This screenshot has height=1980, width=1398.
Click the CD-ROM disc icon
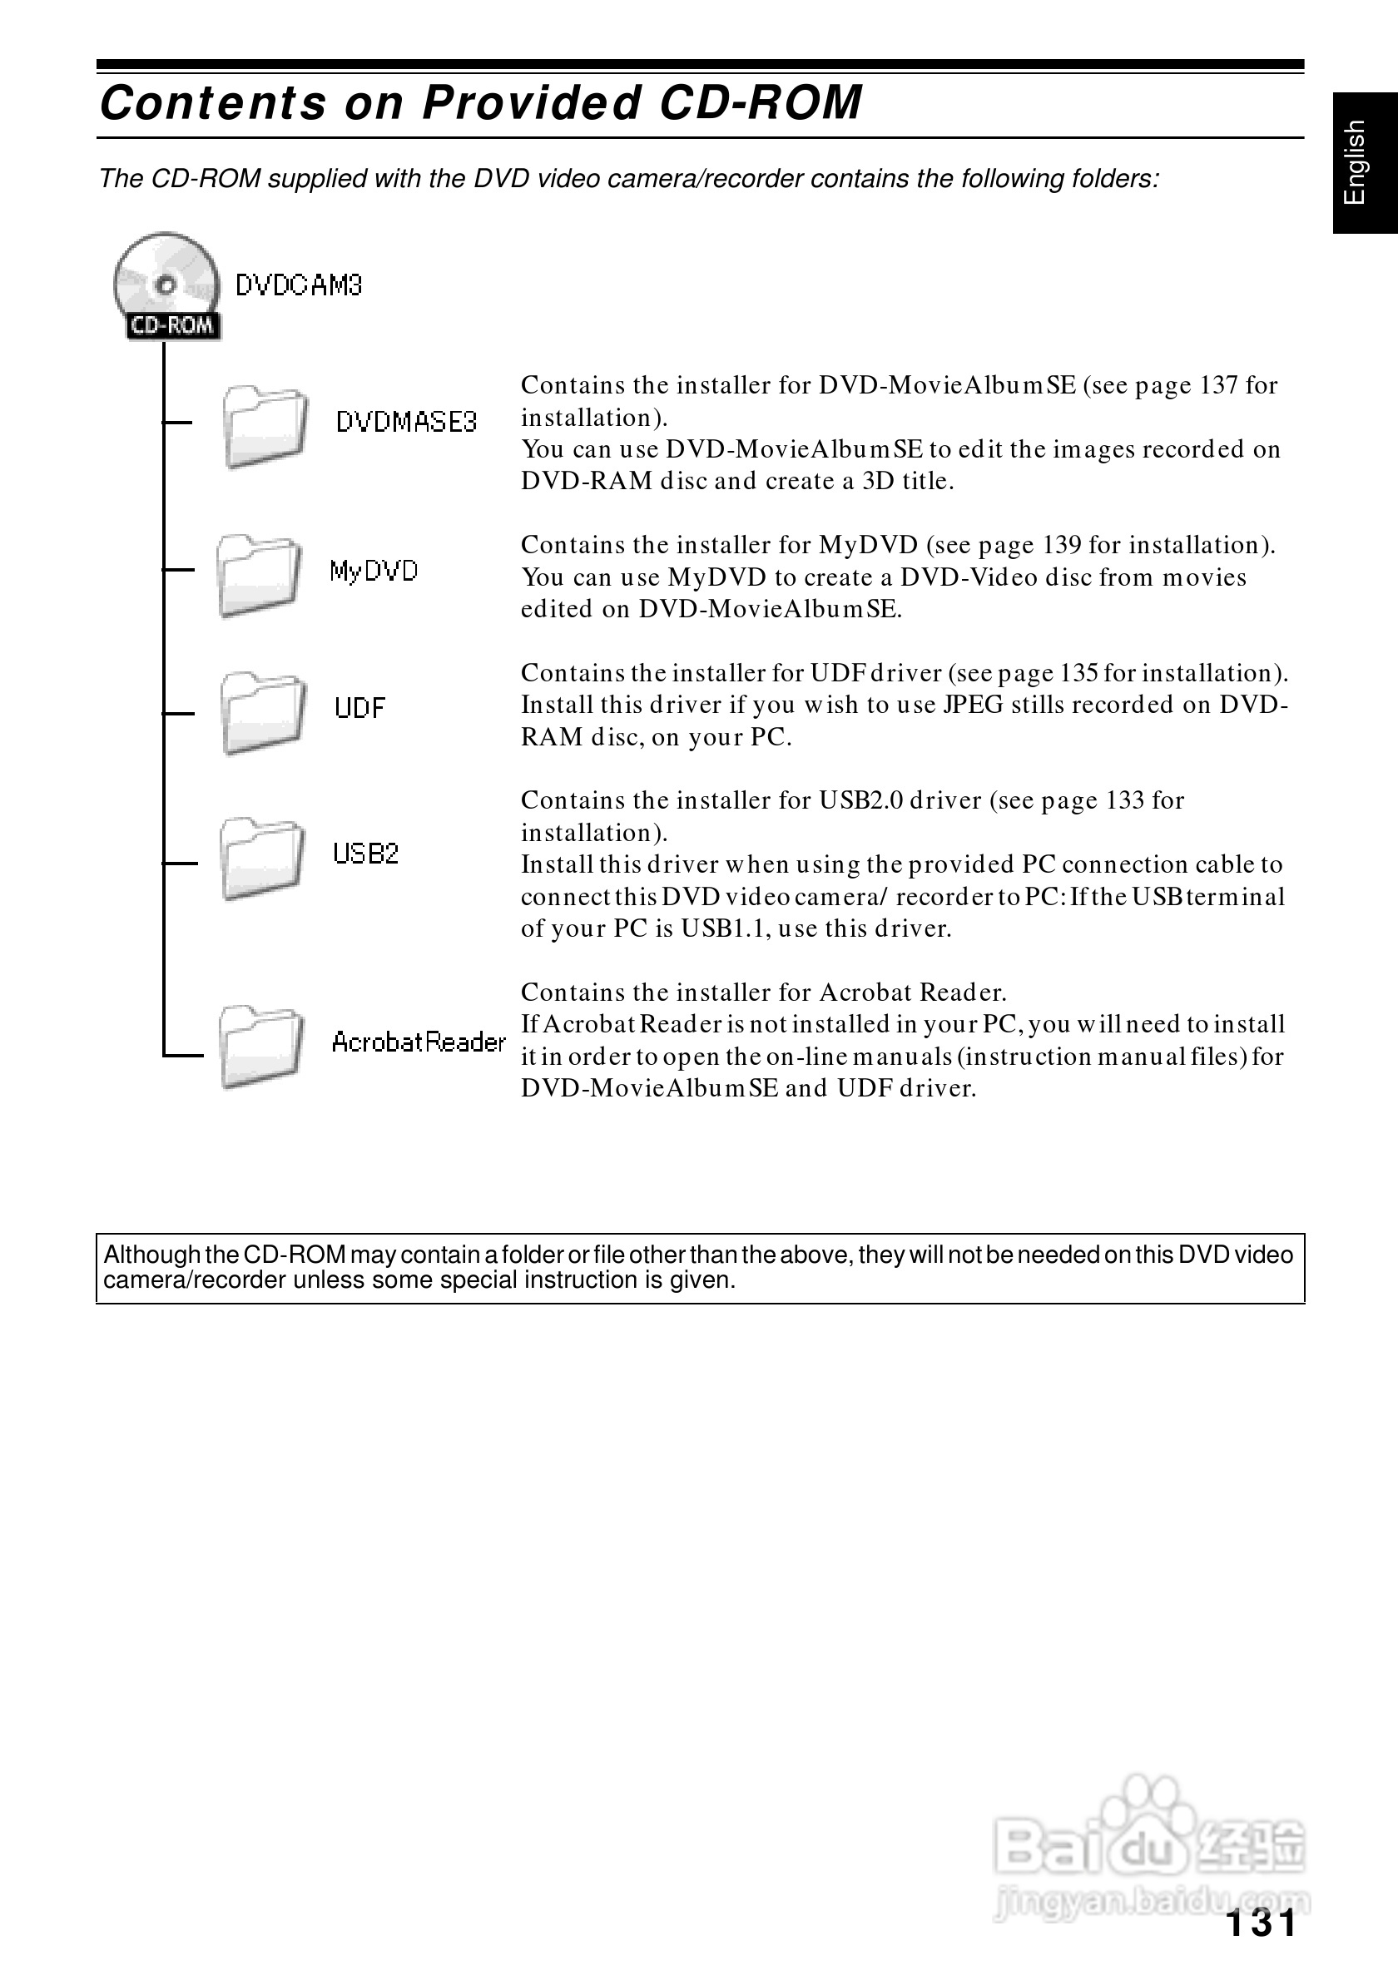(166, 285)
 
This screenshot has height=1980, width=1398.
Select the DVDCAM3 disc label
(299, 285)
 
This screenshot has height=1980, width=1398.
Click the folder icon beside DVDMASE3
(265, 427)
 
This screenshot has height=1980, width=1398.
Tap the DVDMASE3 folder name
(406, 423)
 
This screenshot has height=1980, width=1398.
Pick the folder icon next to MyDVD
(258, 575)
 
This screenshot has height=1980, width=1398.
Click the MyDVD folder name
(374, 571)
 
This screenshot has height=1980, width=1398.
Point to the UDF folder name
(359, 708)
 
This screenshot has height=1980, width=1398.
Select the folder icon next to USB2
(261, 858)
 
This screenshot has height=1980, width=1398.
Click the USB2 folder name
(365, 854)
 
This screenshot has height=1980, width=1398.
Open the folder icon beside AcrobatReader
(260, 1046)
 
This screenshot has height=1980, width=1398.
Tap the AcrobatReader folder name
(419, 1042)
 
